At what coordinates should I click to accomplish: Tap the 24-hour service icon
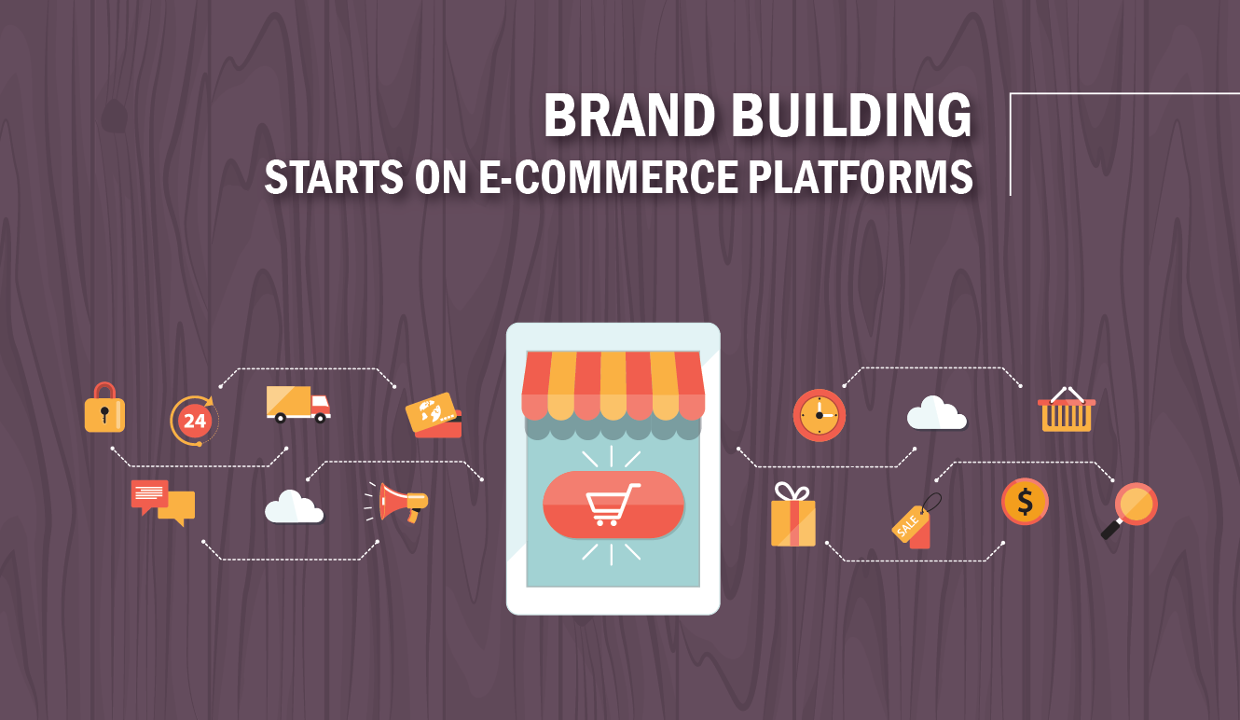pos(194,421)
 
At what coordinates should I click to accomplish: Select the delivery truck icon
pos(297,405)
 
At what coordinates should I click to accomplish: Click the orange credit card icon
pos(434,415)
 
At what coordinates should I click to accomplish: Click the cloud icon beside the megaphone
pos(294,506)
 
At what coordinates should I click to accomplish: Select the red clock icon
pos(820,415)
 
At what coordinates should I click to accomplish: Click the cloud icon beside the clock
pos(937,412)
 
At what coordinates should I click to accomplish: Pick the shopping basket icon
pos(1067,409)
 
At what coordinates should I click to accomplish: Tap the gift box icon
pos(792,515)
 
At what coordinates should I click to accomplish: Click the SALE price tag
pos(915,521)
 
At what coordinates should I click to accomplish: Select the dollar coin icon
pos(1025,502)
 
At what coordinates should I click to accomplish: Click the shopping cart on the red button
pos(613,504)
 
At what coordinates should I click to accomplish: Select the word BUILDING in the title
pos(852,116)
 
